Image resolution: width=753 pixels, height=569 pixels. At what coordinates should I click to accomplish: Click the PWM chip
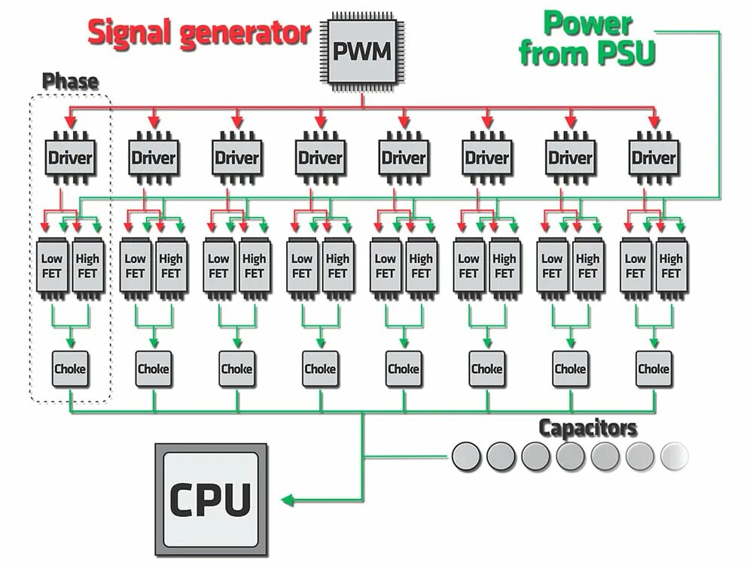362,52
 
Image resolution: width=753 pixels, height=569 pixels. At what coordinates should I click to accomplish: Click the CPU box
211,500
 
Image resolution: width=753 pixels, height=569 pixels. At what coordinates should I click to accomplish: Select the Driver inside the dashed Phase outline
70,158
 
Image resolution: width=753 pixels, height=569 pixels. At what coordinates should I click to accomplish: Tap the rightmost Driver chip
654,158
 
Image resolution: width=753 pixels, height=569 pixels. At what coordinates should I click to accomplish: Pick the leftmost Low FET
52,267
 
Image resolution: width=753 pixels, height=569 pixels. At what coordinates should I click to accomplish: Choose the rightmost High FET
672,267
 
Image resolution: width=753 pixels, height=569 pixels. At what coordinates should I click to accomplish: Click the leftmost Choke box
70,369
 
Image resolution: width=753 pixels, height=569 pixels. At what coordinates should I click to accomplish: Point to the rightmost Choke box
654,369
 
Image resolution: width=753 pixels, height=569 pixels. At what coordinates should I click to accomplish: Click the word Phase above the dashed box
71,81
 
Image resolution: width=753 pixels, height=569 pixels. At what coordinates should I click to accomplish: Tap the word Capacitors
588,428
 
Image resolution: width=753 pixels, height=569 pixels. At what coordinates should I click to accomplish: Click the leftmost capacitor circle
466,456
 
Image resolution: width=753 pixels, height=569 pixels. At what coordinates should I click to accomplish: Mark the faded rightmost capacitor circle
674,456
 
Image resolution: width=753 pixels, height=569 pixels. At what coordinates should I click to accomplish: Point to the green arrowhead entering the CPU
287,500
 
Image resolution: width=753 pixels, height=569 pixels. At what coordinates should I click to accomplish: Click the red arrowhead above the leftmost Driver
71,121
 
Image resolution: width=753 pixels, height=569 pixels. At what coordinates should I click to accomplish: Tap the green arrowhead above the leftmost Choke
71,343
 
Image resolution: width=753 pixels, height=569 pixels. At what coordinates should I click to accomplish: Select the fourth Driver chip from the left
320,158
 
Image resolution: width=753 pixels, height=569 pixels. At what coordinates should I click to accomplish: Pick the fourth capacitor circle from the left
570,456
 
